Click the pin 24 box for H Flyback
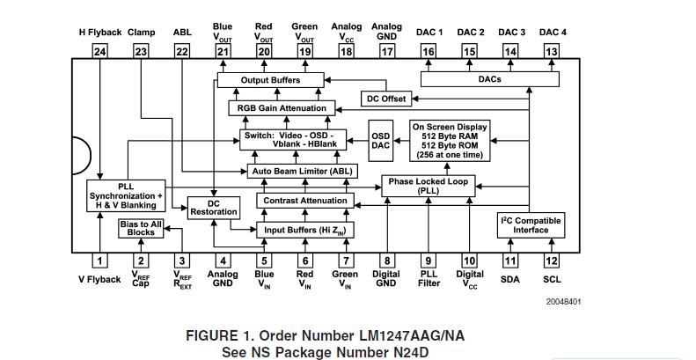point(99,52)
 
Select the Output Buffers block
point(270,81)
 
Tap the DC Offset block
point(385,99)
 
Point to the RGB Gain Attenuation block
point(282,108)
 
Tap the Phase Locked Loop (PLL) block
point(428,186)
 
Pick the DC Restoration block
point(215,208)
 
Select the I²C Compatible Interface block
point(531,225)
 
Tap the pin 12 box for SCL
point(552,261)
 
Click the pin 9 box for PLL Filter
point(429,261)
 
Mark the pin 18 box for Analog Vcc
point(346,52)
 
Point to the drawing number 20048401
point(563,302)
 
